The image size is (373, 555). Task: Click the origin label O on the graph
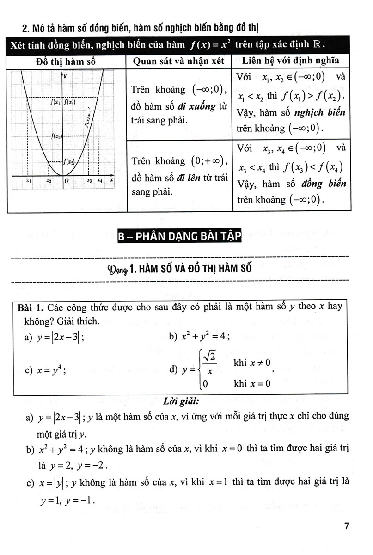pos(67,181)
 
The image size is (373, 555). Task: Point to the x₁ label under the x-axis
pos(29,181)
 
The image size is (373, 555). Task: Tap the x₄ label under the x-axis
pos(100,181)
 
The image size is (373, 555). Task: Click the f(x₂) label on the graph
pos(70,162)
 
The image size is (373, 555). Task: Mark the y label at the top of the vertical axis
pos(65,75)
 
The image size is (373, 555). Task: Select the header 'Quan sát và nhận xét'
pos(178,61)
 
